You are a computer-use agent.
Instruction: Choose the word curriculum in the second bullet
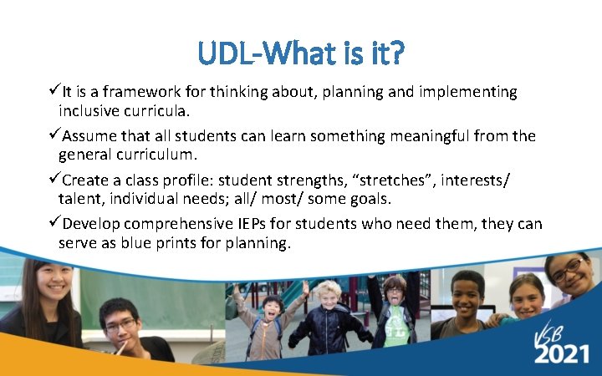156,154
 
